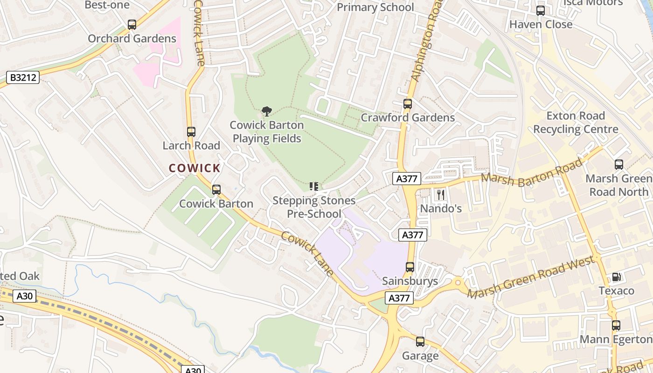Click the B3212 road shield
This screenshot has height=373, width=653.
23,77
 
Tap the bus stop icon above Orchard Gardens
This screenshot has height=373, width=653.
132,25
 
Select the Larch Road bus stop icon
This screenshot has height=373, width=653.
191,132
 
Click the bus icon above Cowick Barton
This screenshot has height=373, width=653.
216,190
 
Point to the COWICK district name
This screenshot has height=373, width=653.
195,168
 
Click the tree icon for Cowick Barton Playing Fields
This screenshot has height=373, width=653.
267,111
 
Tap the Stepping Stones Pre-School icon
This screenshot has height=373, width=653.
314,187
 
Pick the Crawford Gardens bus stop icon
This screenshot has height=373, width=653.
408,104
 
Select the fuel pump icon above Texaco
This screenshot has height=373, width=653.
617,277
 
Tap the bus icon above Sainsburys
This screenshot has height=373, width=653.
410,267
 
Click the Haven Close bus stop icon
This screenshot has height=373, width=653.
541,11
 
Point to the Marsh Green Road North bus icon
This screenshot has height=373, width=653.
619,165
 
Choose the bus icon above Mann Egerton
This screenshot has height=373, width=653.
616,325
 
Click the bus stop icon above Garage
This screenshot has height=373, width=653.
420,342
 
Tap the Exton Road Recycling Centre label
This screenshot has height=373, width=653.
576,123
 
